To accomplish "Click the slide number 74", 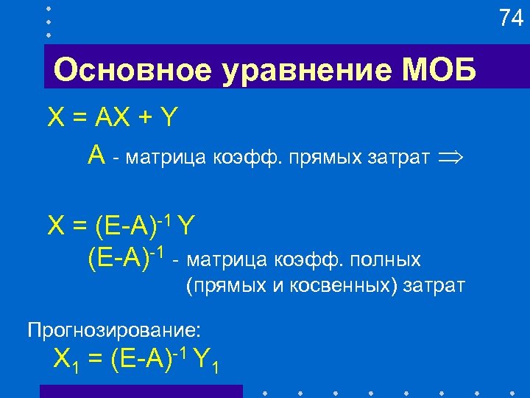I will [511, 18].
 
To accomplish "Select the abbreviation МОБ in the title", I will [439, 72].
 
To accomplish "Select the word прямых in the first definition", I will [323, 157].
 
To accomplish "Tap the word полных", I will [386, 260].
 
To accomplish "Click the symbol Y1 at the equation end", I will [205, 361].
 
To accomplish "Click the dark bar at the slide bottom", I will [140, 391].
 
